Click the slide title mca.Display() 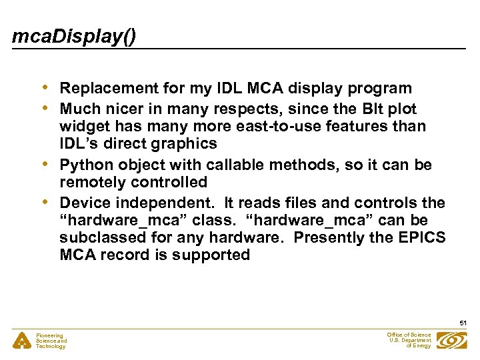73,36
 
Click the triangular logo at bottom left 23,340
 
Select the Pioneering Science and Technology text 51,341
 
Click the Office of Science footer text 409,340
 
